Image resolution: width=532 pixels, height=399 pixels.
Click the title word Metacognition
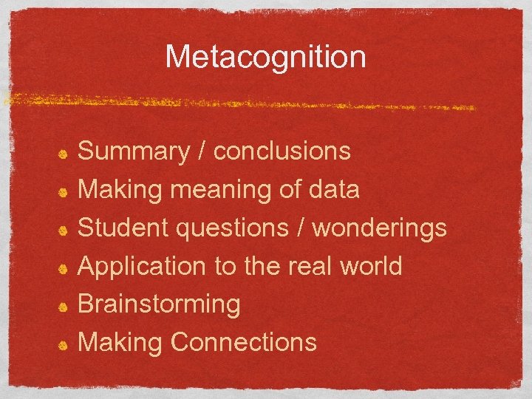(x=265, y=57)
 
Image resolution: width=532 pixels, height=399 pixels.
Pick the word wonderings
(x=380, y=228)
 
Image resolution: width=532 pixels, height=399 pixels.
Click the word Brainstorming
(x=159, y=304)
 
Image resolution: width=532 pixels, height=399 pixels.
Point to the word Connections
(x=243, y=342)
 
